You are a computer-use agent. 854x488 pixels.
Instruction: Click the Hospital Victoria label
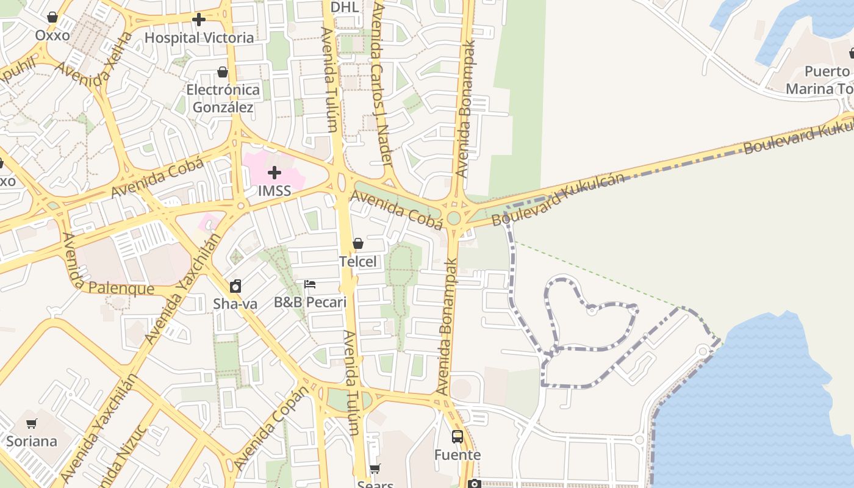click(199, 38)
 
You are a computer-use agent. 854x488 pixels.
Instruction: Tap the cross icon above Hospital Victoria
click(199, 20)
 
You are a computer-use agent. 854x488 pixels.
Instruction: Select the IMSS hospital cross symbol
click(274, 173)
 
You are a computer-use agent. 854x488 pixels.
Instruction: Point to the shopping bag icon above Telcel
click(358, 243)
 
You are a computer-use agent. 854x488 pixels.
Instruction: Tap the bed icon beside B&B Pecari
click(310, 284)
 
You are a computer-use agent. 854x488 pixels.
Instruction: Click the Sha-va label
click(235, 304)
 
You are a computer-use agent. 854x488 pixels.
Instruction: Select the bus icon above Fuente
click(457, 437)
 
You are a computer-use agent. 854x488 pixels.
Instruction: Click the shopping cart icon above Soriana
click(31, 423)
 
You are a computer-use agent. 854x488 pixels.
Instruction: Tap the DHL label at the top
click(345, 7)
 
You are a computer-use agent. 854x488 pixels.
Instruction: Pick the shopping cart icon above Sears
click(375, 468)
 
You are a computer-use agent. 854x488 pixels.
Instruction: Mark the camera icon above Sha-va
click(235, 285)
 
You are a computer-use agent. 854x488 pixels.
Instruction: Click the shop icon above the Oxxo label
click(52, 17)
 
